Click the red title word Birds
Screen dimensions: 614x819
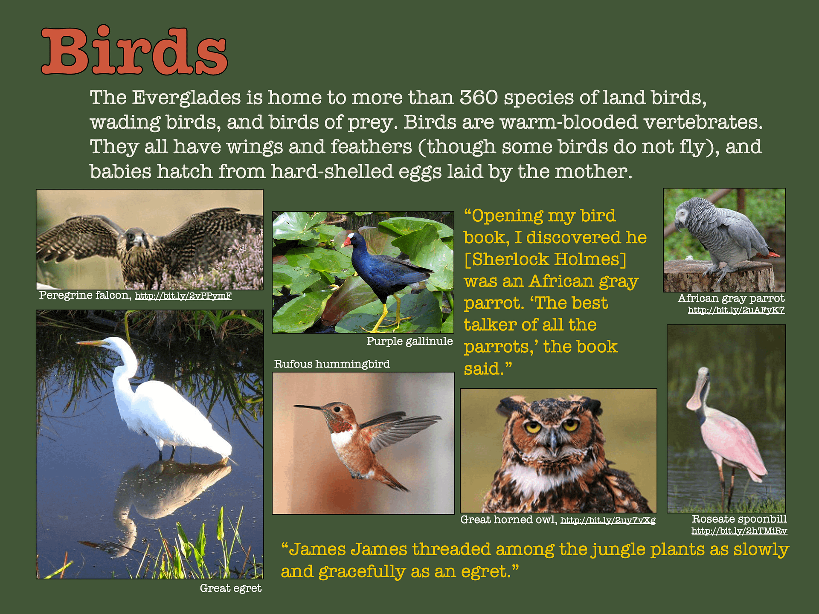coord(134,51)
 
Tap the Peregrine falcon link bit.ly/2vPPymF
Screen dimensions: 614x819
coord(183,296)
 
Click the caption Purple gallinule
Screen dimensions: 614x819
coord(409,341)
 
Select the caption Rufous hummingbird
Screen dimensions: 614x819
coord(332,364)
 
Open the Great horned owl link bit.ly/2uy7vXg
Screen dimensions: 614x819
coord(607,520)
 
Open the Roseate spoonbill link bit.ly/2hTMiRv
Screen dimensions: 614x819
coord(739,531)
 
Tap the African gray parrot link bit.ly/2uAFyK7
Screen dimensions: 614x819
coord(736,310)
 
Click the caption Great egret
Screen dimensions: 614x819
coord(230,588)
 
